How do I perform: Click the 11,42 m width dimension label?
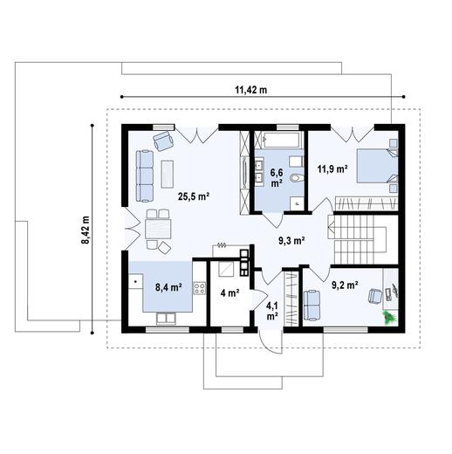(x=250, y=89)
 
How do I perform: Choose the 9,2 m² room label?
(x=345, y=284)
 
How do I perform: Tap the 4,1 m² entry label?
(x=272, y=311)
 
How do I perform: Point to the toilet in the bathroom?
(x=298, y=179)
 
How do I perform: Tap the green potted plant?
(x=389, y=319)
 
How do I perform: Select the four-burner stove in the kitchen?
(x=200, y=287)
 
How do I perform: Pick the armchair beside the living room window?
(x=163, y=139)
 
